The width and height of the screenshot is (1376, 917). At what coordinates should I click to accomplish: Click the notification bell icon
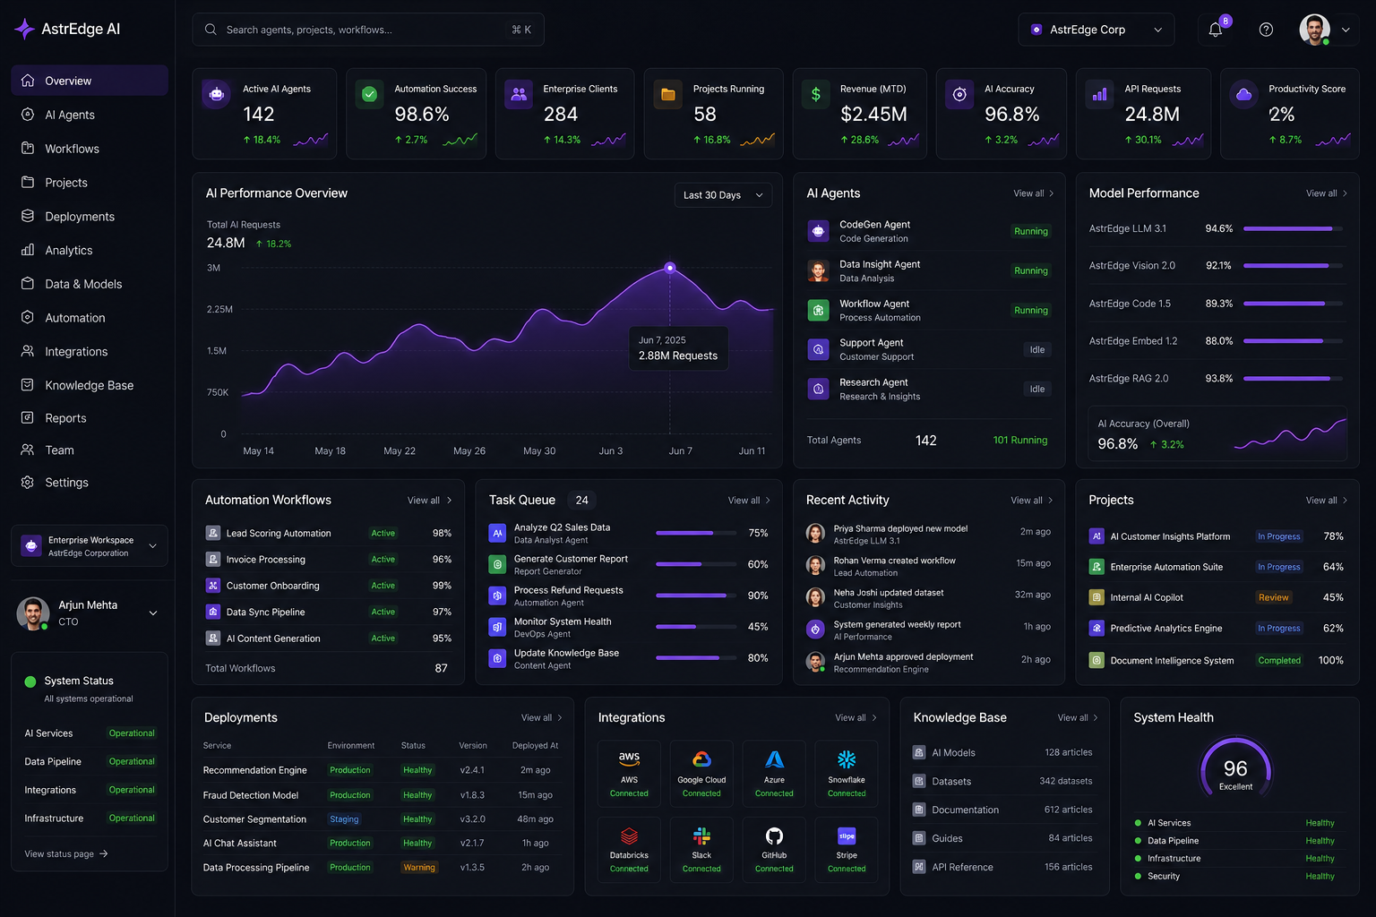1215,30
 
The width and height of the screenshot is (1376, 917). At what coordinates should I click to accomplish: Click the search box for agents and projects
367,30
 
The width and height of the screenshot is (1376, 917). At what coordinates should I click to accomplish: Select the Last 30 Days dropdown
723,195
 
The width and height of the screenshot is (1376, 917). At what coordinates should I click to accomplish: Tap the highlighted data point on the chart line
670,268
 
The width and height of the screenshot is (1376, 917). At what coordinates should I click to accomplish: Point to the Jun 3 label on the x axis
611,450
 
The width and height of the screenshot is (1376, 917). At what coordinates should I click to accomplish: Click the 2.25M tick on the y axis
219,309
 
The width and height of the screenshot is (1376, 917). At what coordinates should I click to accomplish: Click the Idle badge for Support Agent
1036,349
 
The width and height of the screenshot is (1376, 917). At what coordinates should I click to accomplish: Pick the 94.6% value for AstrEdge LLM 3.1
1218,228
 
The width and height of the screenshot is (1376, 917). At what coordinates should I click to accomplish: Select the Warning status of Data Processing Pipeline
419,867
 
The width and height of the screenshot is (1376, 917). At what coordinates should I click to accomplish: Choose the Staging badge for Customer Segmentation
344,818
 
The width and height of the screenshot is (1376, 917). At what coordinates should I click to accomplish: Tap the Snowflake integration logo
847,759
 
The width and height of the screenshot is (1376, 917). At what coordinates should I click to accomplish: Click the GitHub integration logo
774,836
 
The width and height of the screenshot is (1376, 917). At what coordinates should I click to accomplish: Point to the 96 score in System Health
1235,768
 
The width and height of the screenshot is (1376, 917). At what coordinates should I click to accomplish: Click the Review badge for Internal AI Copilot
1273,597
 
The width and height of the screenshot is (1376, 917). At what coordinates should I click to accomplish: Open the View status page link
65,853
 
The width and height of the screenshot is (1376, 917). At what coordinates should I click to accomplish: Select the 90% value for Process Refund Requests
757,596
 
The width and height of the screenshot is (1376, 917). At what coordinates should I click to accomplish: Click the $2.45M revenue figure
873,114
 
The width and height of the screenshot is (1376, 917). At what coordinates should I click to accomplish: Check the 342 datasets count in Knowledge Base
1066,781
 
